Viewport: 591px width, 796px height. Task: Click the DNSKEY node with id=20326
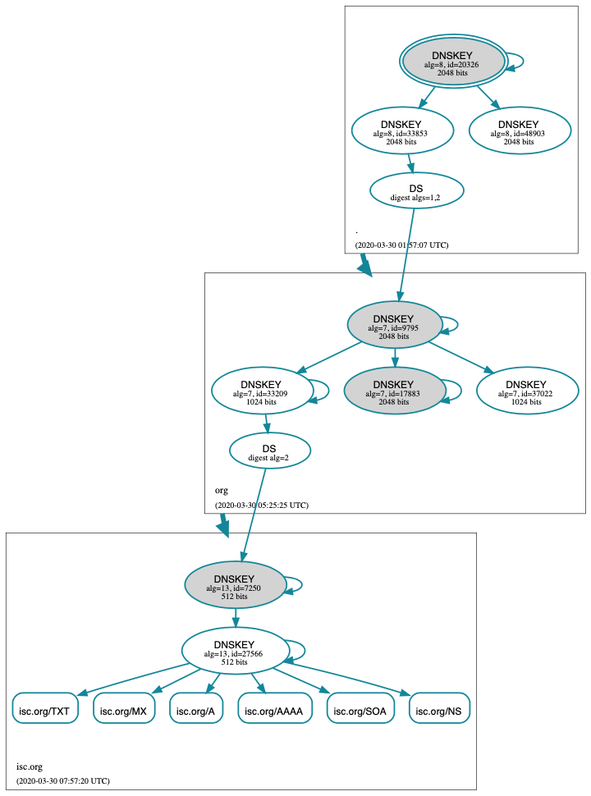click(x=452, y=62)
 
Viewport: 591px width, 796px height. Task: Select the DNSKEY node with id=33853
click(x=401, y=130)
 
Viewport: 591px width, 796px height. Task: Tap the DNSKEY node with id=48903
click(x=519, y=130)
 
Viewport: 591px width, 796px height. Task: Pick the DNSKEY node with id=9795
click(x=394, y=325)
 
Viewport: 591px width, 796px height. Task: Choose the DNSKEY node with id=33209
click(x=262, y=391)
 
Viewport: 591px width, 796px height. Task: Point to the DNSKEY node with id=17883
click(x=394, y=391)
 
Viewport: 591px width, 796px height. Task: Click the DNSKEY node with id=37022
click(x=526, y=391)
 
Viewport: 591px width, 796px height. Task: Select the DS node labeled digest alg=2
click(x=269, y=451)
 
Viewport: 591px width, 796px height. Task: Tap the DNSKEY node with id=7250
click(x=236, y=584)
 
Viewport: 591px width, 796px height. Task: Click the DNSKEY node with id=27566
click(x=236, y=651)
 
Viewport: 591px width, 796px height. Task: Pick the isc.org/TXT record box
click(x=45, y=708)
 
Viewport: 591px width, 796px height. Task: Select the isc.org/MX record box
click(x=124, y=708)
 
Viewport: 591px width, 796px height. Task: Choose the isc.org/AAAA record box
click(x=276, y=708)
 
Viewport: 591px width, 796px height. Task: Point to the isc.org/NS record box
click(x=440, y=708)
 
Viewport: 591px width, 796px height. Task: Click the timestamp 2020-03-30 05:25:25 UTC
click(x=262, y=505)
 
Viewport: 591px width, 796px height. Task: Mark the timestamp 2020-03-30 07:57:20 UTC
click(x=63, y=780)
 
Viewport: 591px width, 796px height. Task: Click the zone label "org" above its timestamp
click(x=222, y=490)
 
